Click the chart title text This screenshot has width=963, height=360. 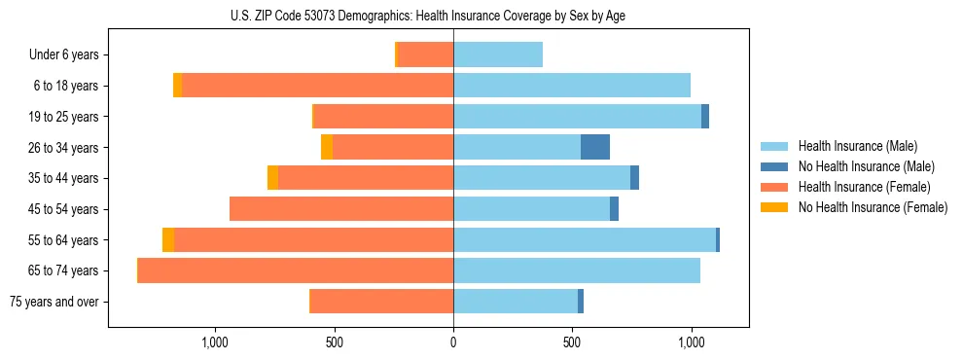(x=429, y=16)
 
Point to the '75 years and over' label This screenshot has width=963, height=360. (x=54, y=302)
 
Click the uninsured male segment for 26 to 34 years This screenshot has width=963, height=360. (x=595, y=147)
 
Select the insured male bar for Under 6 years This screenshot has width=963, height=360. (x=498, y=54)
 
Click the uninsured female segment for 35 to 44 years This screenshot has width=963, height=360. (x=273, y=178)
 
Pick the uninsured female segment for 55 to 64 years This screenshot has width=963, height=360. (x=168, y=239)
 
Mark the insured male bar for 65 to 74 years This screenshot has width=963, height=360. (x=577, y=270)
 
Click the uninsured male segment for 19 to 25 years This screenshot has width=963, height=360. (x=705, y=116)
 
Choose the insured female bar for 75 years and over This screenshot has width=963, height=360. (x=381, y=302)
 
